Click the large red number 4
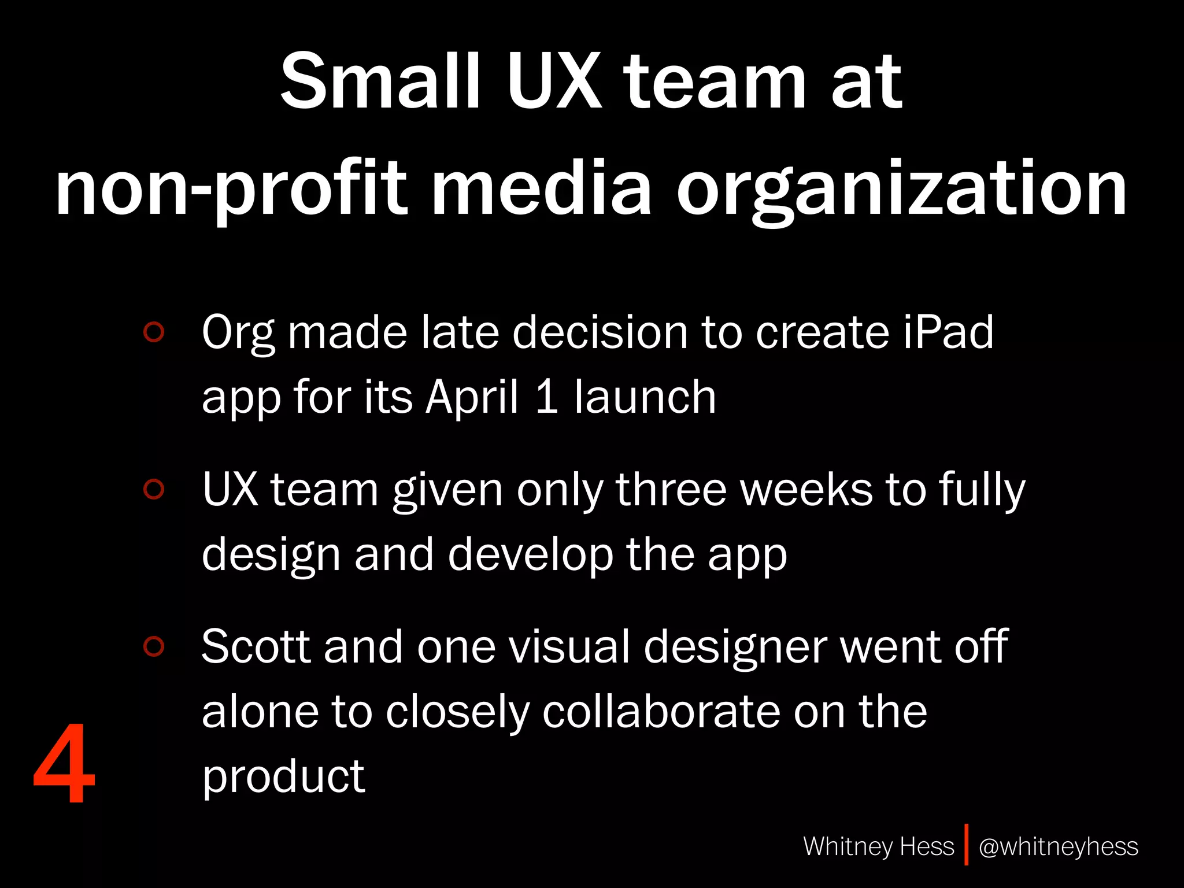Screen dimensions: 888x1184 [x=64, y=764]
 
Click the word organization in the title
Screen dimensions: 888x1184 [x=902, y=190]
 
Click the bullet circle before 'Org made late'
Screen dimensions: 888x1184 [x=154, y=332]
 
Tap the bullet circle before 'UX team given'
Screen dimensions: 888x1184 [x=154, y=489]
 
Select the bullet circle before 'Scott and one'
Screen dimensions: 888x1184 [x=154, y=646]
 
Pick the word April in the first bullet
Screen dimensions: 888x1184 [x=472, y=397]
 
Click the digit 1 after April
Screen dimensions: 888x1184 [x=546, y=397]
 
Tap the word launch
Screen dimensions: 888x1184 [x=645, y=397]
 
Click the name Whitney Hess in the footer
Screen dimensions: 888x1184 [x=878, y=846]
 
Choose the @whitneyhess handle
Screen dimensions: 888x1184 [x=1058, y=846]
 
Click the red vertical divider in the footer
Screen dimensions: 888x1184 [x=966, y=845]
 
